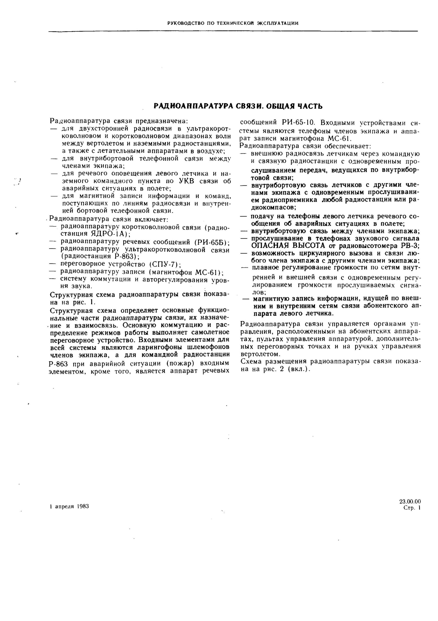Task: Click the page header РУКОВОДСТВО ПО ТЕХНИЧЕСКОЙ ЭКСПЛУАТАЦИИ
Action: (x=233, y=23)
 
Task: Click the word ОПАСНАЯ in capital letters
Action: (x=271, y=246)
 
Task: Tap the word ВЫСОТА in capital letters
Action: (x=309, y=246)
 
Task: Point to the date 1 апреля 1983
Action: (x=69, y=506)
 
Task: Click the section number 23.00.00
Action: (x=410, y=502)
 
